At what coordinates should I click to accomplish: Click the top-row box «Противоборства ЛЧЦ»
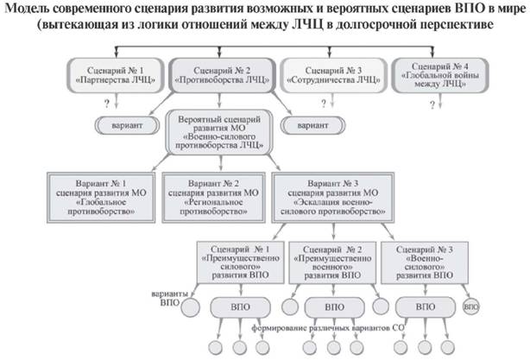[223, 72]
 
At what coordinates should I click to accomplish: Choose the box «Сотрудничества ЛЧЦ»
[333, 72]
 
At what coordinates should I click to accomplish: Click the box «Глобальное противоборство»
[102, 194]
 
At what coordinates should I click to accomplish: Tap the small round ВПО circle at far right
[470, 306]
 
